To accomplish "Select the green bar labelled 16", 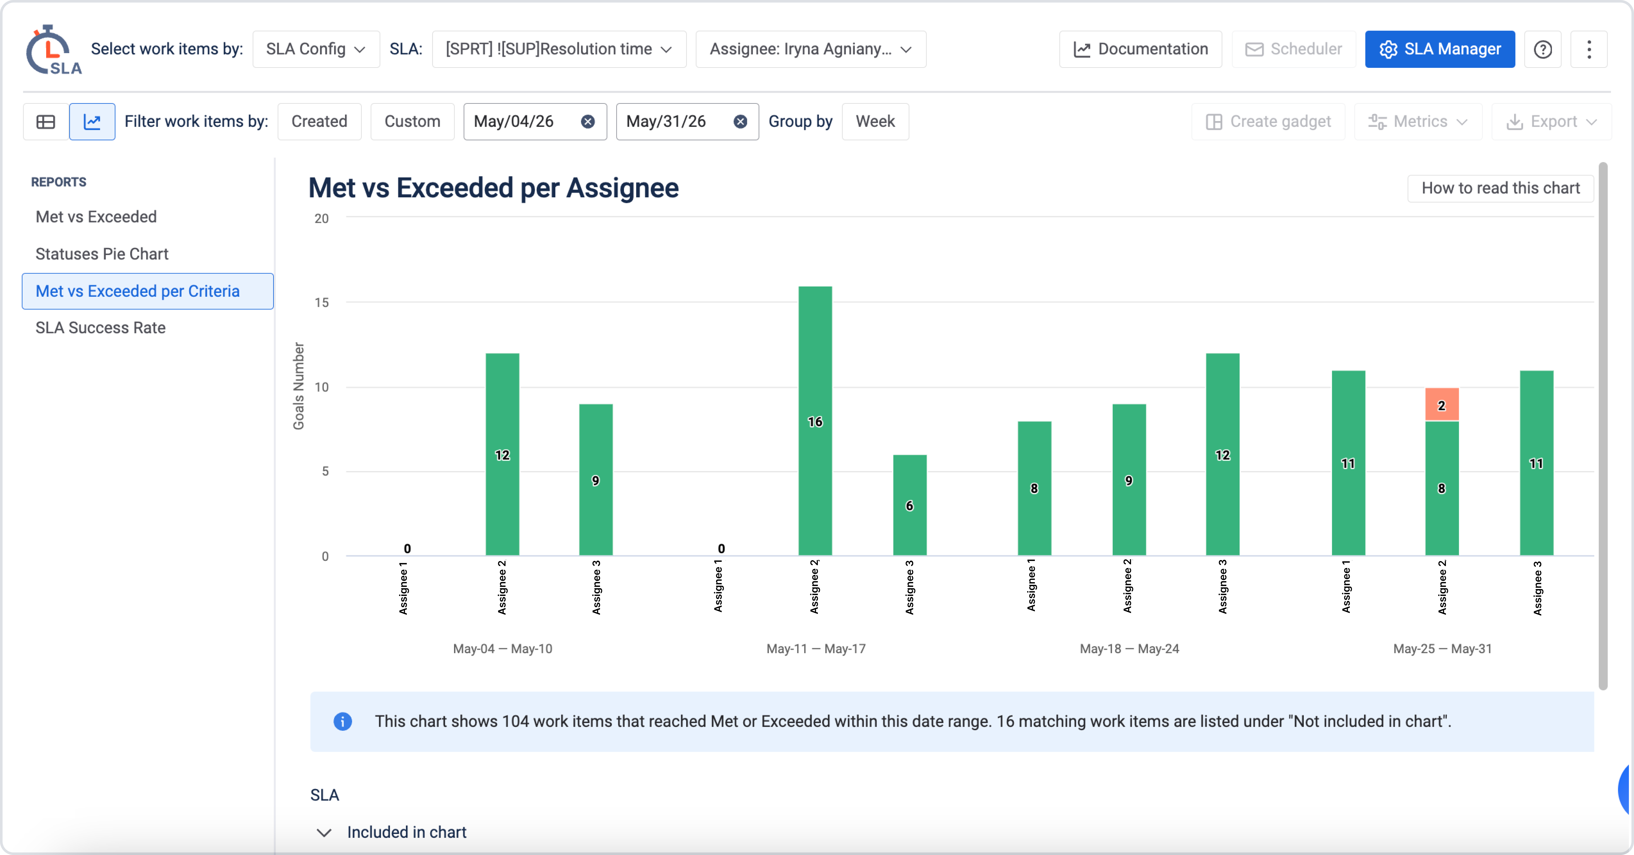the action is (x=815, y=421).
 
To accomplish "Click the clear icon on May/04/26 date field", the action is (x=588, y=121).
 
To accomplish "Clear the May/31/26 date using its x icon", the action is (x=740, y=121).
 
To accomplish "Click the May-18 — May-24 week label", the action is (x=1129, y=648).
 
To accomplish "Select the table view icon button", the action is (x=46, y=121).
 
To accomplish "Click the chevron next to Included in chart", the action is (x=324, y=832).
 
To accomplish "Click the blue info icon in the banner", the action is (x=343, y=721).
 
